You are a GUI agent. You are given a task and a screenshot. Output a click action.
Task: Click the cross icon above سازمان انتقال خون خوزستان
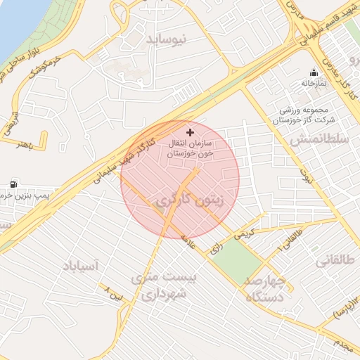click(189, 132)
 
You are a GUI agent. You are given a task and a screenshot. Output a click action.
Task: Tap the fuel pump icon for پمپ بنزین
click(14, 184)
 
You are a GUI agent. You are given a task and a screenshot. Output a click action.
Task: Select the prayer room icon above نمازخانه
click(314, 72)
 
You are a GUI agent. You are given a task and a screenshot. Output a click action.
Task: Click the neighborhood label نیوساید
click(167, 41)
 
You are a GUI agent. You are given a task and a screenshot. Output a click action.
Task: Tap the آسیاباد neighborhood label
click(82, 266)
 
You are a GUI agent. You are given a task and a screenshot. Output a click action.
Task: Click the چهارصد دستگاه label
click(265, 290)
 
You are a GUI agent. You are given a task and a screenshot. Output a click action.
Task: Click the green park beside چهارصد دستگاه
click(237, 261)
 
